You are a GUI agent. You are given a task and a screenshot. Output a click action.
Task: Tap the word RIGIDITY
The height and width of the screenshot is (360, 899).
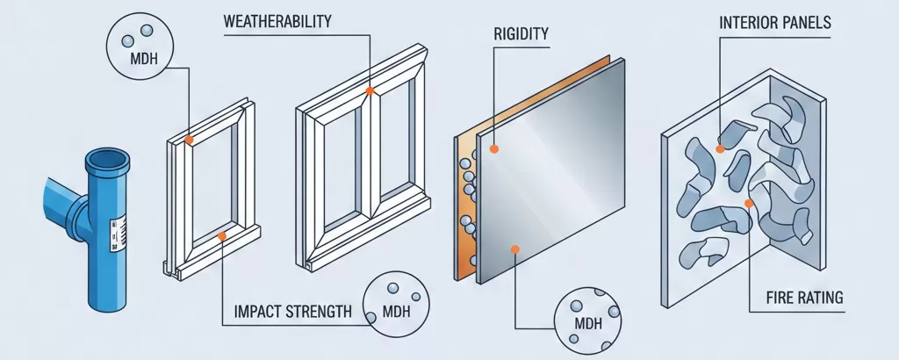coord(521,35)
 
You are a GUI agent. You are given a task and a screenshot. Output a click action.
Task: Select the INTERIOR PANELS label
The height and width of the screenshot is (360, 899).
coord(775,22)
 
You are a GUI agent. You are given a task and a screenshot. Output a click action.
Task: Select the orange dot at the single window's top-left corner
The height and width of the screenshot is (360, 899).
coord(189,139)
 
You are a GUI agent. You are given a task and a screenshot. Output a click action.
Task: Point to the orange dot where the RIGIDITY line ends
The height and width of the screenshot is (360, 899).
coord(494,149)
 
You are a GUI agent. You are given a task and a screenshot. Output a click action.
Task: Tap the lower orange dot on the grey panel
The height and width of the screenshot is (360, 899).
coord(515,249)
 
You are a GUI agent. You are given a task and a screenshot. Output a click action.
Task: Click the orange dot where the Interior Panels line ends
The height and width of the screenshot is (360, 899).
coord(720,149)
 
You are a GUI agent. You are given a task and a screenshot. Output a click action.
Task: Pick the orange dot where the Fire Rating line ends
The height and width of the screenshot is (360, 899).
coord(749,204)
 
